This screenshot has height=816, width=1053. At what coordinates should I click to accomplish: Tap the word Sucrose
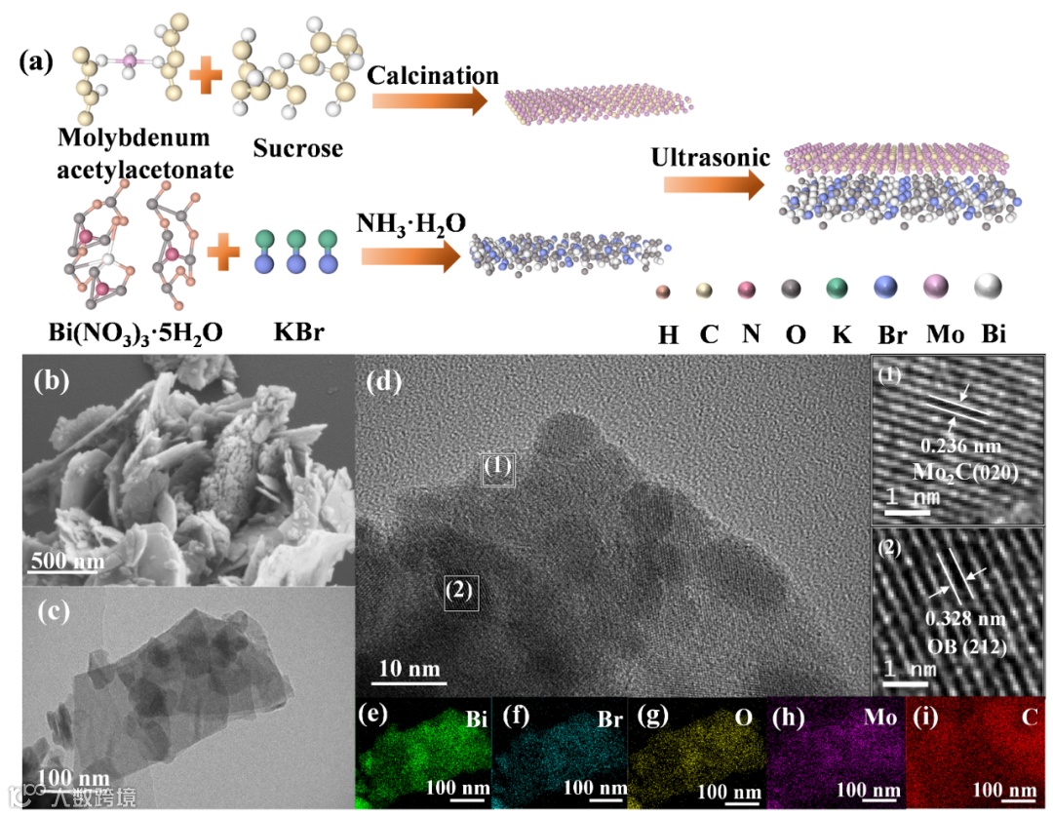(298, 149)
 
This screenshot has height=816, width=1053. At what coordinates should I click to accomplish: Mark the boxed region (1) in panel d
(497, 469)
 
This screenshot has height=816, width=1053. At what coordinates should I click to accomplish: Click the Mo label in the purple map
(880, 719)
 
